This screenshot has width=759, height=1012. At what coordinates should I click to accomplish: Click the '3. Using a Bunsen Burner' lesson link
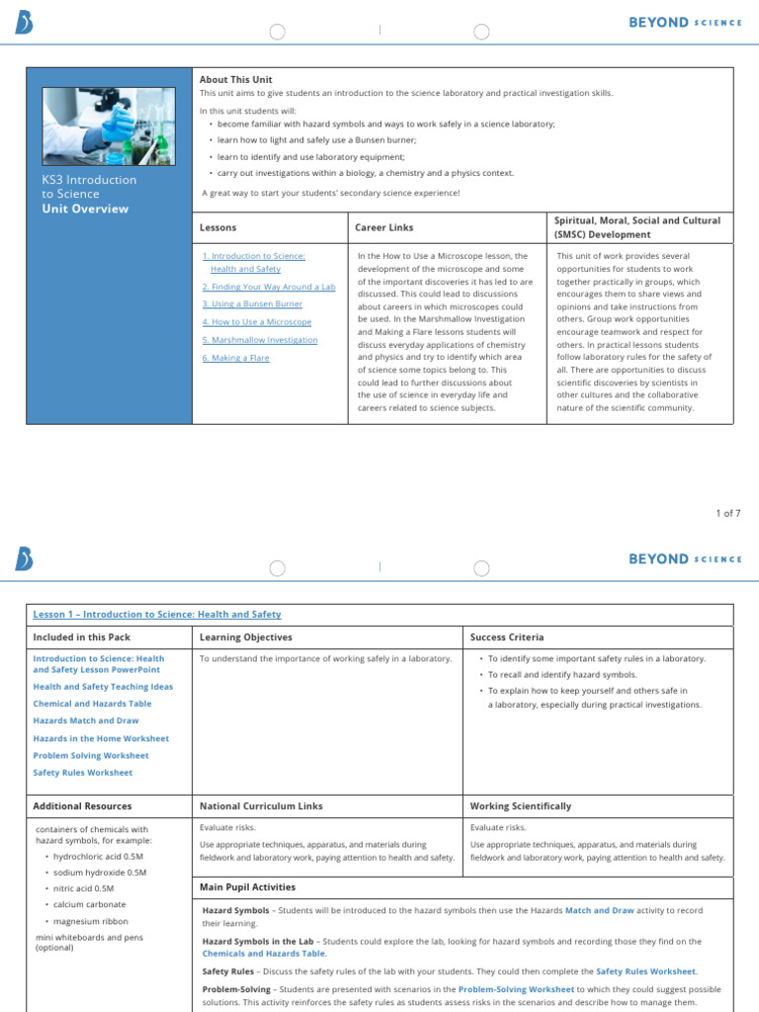tap(252, 304)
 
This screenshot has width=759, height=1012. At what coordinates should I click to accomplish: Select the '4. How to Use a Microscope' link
tap(257, 322)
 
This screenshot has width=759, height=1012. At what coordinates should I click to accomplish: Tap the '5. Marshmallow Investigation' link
tap(260, 340)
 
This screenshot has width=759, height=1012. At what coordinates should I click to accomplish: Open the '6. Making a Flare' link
tap(235, 358)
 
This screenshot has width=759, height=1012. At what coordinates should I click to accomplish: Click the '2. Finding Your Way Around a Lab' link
tap(269, 287)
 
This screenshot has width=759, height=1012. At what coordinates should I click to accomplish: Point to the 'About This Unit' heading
tap(235, 79)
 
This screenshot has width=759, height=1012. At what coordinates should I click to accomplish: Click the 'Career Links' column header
tap(384, 227)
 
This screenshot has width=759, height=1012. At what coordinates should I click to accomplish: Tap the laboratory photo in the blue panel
tap(103, 127)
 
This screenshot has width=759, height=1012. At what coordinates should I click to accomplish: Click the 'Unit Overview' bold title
tap(85, 209)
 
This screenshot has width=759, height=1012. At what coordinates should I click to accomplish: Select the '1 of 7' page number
tap(727, 513)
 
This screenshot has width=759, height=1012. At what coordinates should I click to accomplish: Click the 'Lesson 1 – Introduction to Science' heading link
tap(157, 615)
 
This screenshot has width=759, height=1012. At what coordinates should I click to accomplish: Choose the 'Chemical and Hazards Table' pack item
tap(93, 703)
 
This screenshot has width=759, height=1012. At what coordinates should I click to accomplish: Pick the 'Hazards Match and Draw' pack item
tap(85, 720)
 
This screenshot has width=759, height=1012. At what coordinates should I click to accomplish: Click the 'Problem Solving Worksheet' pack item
tap(91, 755)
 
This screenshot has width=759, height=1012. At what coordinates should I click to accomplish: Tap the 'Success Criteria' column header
tap(507, 637)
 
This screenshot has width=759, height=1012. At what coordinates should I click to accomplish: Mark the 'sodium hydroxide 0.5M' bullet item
tap(100, 873)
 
